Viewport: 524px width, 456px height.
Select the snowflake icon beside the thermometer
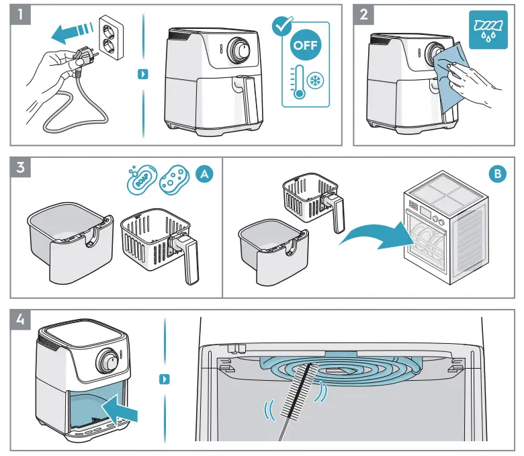pos(314,81)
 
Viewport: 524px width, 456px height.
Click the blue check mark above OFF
pos(279,26)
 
